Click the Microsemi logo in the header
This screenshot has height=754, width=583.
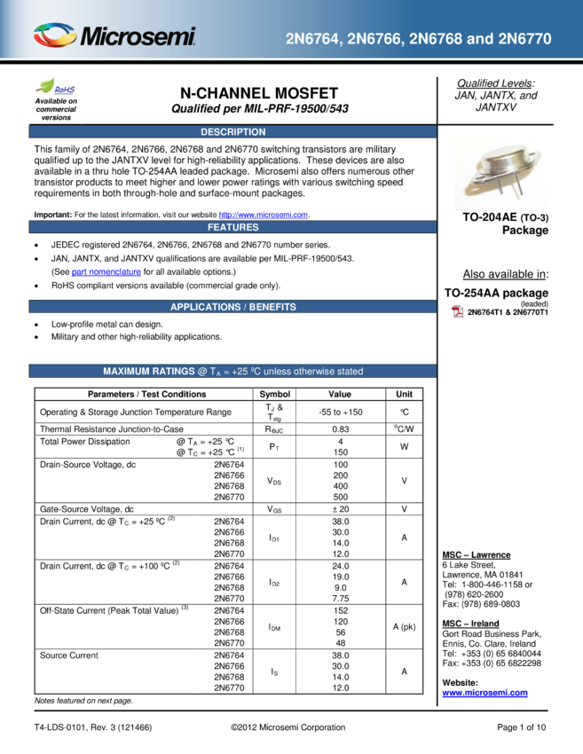[x=114, y=35]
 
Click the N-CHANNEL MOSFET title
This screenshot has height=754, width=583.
[x=259, y=93]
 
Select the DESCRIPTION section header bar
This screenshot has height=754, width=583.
[x=232, y=132]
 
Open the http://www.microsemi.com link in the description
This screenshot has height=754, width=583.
[x=264, y=215]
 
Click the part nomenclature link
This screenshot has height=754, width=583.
[x=106, y=271]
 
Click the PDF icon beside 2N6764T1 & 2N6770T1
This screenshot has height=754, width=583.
[x=458, y=311]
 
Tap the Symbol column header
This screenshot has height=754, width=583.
[x=275, y=394]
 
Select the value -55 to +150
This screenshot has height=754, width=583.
[x=341, y=412]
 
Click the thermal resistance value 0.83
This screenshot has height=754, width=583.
[x=341, y=429]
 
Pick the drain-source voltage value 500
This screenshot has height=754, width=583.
[x=341, y=497]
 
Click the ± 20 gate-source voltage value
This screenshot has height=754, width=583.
[x=341, y=509]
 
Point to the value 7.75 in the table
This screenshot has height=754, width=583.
[x=341, y=598]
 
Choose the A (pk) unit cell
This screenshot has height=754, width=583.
[x=404, y=626]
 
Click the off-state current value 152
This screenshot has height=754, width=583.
[x=341, y=610]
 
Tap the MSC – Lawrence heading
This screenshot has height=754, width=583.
[x=477, y=554]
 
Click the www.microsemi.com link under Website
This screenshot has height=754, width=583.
[x=485, y=693]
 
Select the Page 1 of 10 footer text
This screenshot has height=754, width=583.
[x=522, y=727]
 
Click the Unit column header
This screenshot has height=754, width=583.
[x=404, y=394]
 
